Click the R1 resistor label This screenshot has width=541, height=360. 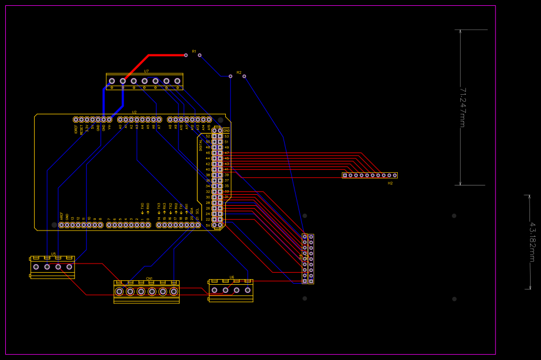click(194, 51)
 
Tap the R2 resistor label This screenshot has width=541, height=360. click(238, 73)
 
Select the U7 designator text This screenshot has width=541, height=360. click(146, 71)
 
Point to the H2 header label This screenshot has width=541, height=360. click(390, 183)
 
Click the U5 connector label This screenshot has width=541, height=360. click(53, 254)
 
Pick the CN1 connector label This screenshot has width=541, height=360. click(149, 279)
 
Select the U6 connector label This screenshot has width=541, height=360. click(232, 277)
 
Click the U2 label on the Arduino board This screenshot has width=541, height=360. click(134, 112)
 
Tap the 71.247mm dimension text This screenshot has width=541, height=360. click(462, 107)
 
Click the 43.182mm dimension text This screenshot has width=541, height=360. click(532, 242)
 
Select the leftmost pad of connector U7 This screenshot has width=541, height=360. click(112, 81)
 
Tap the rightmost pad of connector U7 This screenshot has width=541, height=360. click(177, 81)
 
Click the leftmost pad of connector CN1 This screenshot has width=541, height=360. click(119, 291)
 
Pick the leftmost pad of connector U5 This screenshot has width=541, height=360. click(36, 267)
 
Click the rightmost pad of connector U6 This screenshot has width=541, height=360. click(248, 290)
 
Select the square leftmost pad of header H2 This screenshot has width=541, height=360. click(345, 175)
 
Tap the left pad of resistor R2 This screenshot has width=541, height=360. click(230, 76)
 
